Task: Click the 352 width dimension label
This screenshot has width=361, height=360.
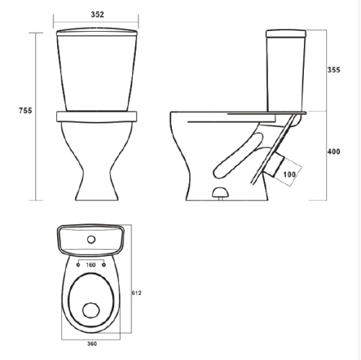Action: coord(97,14)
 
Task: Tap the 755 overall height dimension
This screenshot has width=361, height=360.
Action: coord(25,110)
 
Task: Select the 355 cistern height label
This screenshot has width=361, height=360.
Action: coord(334,70)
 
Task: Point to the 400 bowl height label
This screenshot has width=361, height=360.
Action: coord(334,152)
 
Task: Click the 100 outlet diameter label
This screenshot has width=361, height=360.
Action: coord(290,175)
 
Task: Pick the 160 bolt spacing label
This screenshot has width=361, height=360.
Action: coord(91,265)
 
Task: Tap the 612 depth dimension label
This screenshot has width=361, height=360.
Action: coord(136,293)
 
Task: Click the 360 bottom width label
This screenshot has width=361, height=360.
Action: coord(92,344)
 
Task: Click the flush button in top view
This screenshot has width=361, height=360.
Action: coord(91,240)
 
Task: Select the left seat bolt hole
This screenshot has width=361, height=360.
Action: coord(78,265)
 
